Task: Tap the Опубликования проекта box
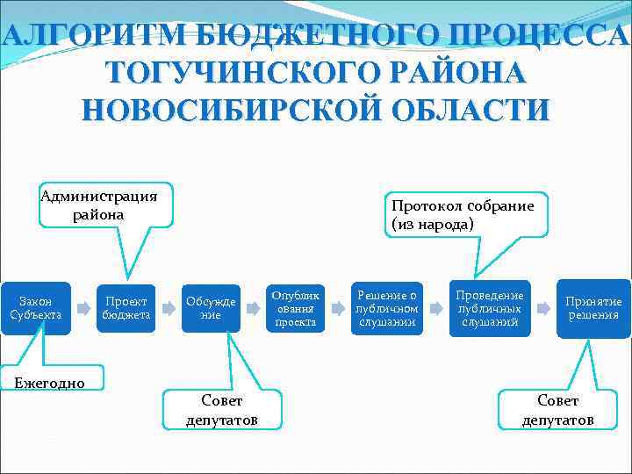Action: coord(296,308)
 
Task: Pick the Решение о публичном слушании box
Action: coord(387,308)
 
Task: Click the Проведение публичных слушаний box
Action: coord(490,308)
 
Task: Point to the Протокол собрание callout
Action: coord(463,214)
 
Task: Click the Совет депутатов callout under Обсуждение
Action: coord(221,409)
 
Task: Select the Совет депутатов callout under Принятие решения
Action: coord(557,409)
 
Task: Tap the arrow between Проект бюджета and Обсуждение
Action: coord(169,309)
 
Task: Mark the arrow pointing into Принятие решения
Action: coord(543,309)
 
